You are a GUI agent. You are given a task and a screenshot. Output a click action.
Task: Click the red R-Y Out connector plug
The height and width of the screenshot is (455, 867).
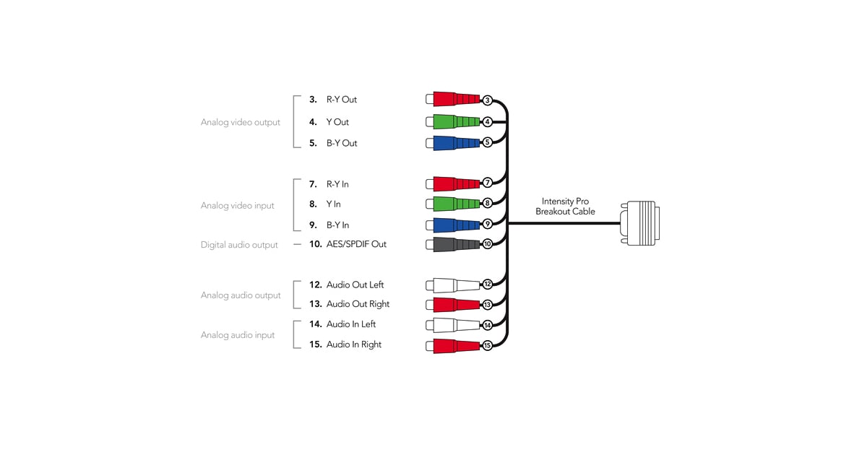[454, 100]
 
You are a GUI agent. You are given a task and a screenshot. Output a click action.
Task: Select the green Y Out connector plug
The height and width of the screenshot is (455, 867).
[454, 121]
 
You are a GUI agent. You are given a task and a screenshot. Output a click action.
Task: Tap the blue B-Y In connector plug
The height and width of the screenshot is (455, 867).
[454, 224]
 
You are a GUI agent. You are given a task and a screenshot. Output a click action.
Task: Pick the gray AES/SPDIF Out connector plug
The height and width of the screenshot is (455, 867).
[454, 244]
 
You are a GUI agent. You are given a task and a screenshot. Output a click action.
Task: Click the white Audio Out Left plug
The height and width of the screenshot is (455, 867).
[454, 285]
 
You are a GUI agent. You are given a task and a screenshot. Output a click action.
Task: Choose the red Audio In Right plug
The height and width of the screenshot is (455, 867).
[454, 345]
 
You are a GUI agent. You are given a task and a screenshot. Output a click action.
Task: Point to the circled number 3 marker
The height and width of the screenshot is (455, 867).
[488, 100]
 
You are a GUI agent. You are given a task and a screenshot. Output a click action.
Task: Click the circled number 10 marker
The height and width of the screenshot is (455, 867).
[488, 244]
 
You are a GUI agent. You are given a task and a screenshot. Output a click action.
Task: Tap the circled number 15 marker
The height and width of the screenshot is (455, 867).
[488, 346]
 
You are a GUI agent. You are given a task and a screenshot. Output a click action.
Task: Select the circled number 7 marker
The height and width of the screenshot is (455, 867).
[488, 183]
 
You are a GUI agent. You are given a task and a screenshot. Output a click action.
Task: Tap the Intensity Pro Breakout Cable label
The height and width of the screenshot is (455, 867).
[566, 207]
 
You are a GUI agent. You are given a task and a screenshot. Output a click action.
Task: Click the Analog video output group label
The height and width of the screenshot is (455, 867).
[241, 123]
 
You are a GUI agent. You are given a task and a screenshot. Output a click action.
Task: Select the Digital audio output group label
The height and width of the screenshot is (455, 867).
[239, 245]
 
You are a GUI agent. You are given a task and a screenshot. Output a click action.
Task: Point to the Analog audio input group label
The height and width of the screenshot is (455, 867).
[238, 335]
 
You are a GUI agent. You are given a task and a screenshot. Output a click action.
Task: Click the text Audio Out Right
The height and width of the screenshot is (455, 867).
[358, 304]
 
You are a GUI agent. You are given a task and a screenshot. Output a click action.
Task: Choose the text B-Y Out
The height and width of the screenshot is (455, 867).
[342, 143]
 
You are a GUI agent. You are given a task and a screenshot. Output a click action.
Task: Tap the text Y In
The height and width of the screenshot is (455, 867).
[333, 204]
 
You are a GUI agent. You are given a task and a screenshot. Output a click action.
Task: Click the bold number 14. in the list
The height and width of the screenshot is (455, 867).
[315, 324]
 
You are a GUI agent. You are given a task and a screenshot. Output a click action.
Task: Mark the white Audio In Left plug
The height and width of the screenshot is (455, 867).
[454, 325]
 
